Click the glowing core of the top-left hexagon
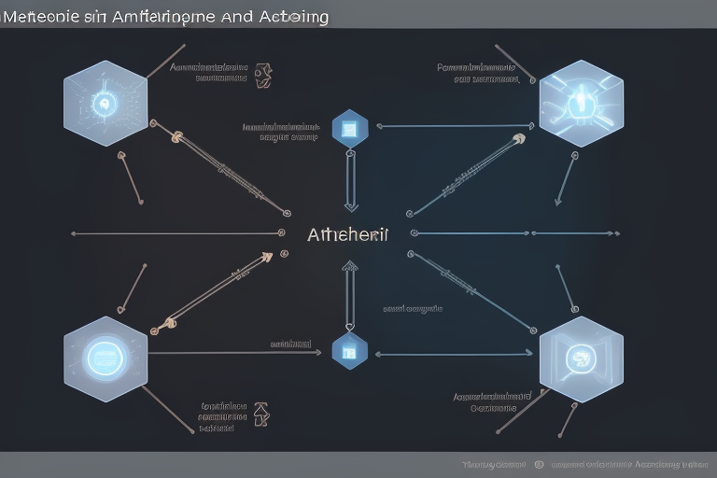[x=104, y=104]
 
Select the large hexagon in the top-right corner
[x=581, y=103]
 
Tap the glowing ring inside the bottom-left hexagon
[x=104, y=357]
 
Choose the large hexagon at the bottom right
[x=581, y=358]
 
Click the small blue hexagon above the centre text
[x=350, y=128]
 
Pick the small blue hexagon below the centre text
[x=350, y=351]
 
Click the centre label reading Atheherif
[x=347, y=234]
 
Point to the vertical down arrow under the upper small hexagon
[x=350, y=181]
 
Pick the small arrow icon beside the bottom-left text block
[x=261, y=412]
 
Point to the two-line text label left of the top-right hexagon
[x=477, y=73]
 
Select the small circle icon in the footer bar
[x=539, y=464]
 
